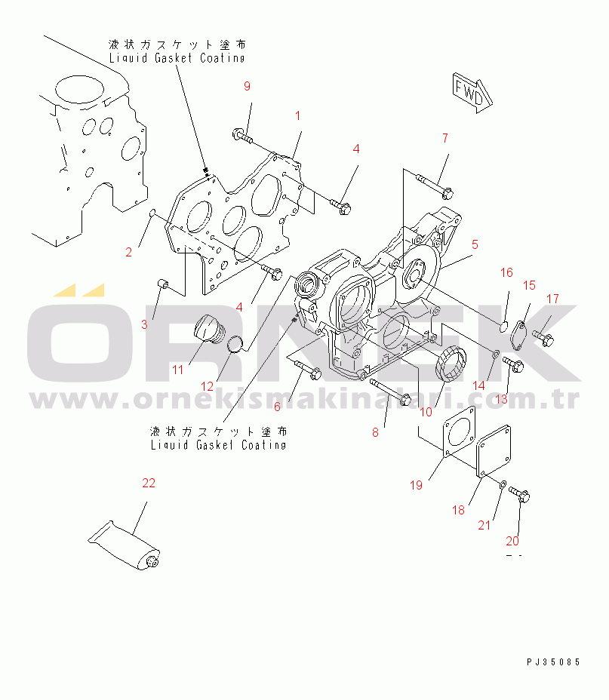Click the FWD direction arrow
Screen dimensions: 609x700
pos(472,94)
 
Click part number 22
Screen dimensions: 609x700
pos(149,483)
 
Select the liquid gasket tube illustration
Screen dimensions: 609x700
pos(124,546)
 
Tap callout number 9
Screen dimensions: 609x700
pos(247,86)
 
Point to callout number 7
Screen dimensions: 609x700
pos(445,138)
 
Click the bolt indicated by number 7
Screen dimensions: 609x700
pos(435,186)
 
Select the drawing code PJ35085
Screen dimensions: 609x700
pos(553,662)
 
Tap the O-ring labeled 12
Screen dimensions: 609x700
pos(235,344)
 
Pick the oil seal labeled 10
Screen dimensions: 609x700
pos(451,364)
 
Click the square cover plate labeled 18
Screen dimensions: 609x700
pos(494,450)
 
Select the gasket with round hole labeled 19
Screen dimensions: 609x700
pos(460,431)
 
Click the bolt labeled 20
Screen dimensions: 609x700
pos(519,494)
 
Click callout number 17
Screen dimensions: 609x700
pos(552,299)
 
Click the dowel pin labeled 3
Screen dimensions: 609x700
pos(163,284)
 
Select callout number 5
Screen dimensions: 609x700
pos(475,244)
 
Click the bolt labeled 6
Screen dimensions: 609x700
pos(307,369)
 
